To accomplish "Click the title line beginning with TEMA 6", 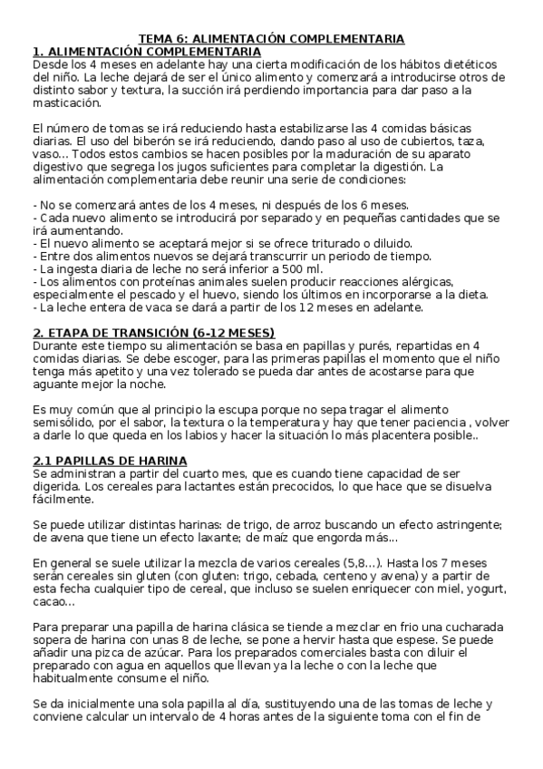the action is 271,39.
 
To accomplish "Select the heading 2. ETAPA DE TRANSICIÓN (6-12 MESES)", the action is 153,333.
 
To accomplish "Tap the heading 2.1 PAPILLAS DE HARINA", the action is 110,461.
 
